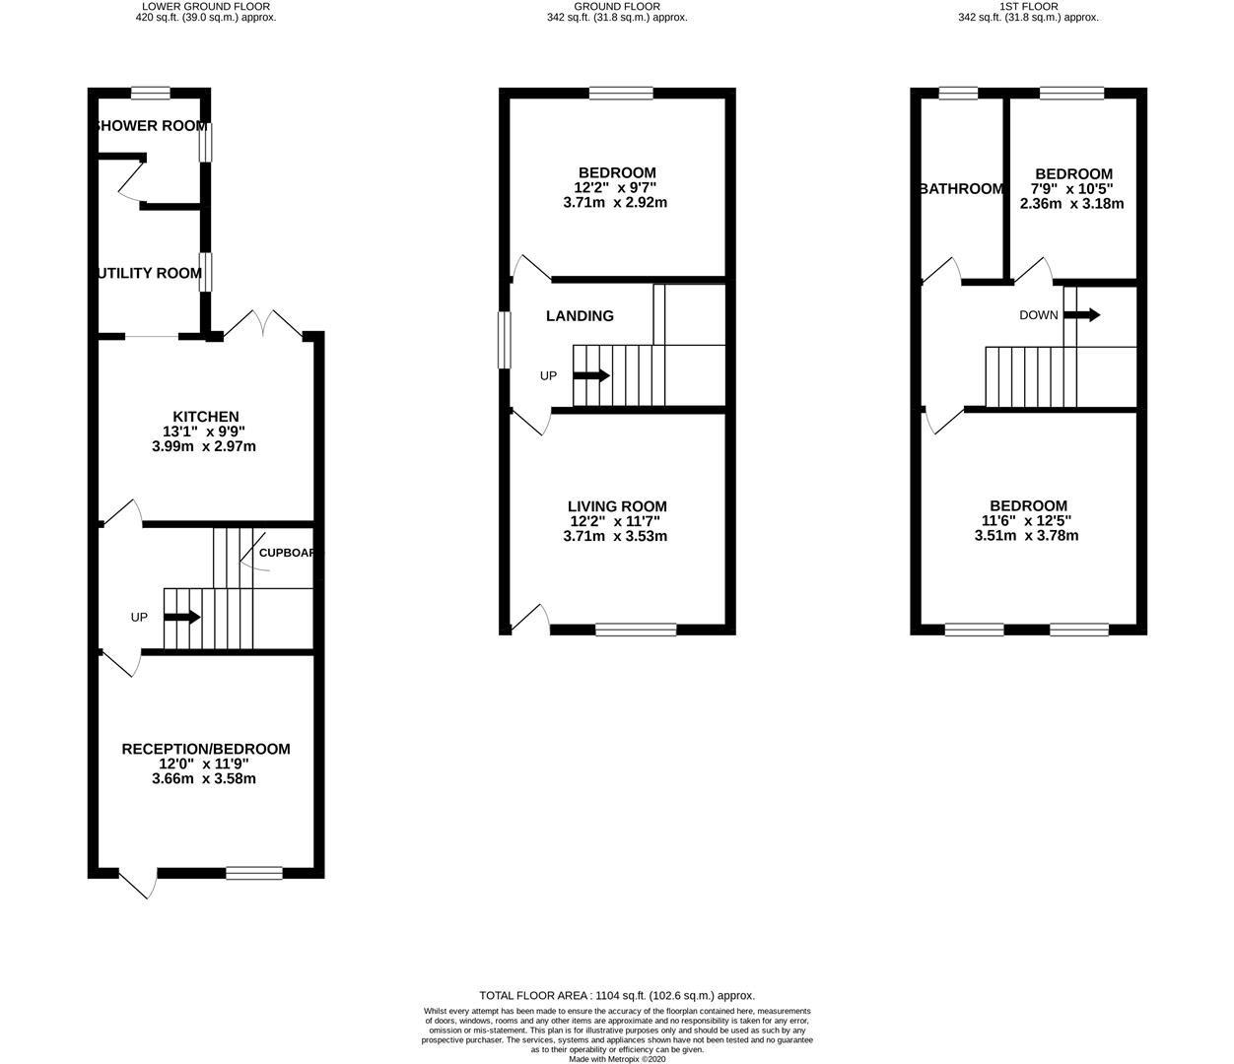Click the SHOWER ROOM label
tap(150, 126)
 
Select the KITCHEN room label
tap(206, 417)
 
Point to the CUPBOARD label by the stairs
tap(286, 553)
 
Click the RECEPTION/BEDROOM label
tap(206, 749)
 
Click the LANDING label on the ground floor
tap(581, 316)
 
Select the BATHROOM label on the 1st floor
tap(961, 189)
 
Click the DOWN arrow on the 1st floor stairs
tap(1081, 315)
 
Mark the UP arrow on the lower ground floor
tap(181, 618)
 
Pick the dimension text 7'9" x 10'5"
tap(1072, 189)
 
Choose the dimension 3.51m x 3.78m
tap(1026, 536)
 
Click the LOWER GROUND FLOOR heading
tap(206, 6)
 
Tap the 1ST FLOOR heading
tap(1028, 6)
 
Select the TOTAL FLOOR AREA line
tap(617, 996)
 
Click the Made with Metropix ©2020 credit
tap(617, 1059)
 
